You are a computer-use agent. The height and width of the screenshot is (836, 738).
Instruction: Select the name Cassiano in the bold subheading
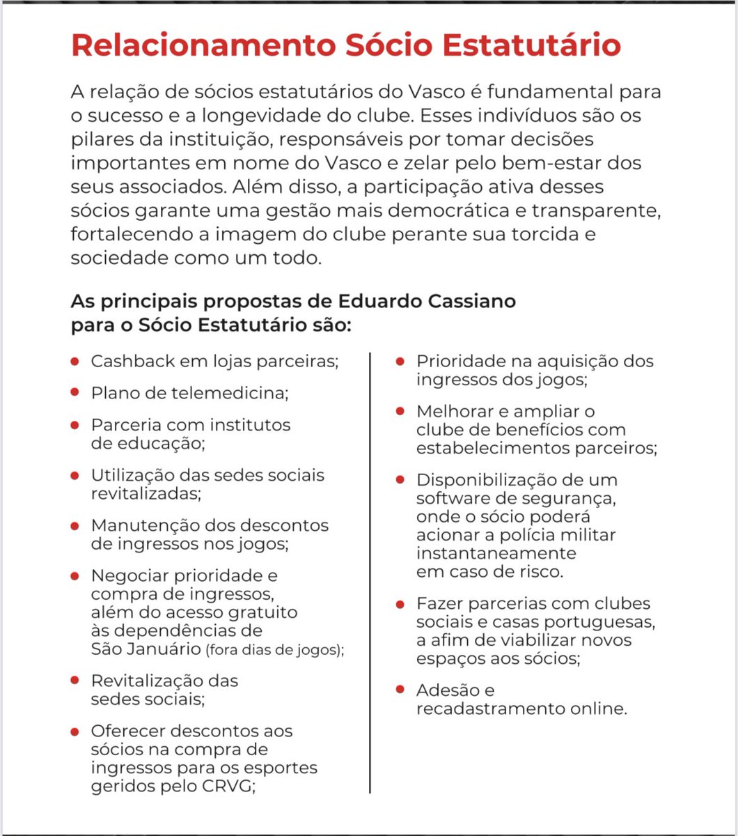pos(476,302)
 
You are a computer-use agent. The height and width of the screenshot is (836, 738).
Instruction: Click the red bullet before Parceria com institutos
pos(74,424)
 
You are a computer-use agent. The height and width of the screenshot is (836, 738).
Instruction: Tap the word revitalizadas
pos(146,493)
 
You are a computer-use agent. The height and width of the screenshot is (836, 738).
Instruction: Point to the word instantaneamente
pos(496,553)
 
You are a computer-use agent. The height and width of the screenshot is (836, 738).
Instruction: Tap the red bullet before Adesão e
pos(400,689)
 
